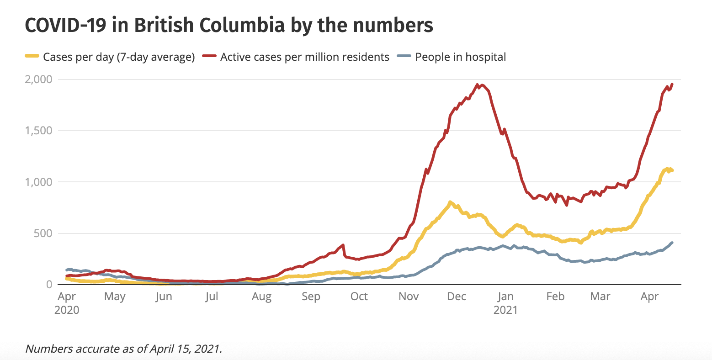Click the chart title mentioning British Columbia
click(228, 26)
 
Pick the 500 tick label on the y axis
click(43, 233)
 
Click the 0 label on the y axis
click(49, 285)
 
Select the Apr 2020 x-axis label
click(67, 303)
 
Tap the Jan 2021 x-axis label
click(505, 303)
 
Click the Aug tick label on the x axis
click(261, 296)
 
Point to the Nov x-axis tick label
click(409, 296)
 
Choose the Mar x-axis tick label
click(600, 296)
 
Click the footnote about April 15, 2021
click(123, 349)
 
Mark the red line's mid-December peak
click(478, 85)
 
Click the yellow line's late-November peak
click(450, 202)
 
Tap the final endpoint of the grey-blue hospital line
click(672, 243)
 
